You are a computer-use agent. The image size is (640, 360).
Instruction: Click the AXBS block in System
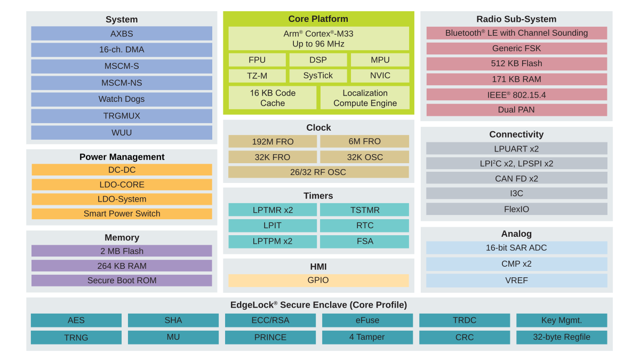pos(122,34)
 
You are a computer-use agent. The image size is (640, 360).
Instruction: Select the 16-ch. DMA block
pos(122,50)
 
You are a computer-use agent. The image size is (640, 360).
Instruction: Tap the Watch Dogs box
pos(122,99)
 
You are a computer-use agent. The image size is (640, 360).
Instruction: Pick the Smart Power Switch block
pos(122,213)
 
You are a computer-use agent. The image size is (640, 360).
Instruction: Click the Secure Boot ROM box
pos(122,280)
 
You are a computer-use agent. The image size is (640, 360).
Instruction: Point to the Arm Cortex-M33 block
pos(318,38)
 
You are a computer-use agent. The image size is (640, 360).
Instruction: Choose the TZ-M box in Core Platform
pos(257,75)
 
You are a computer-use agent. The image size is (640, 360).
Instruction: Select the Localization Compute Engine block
pos(365,98)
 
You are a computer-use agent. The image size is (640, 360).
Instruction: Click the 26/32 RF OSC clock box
pos(318,172)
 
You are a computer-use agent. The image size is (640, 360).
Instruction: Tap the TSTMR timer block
pos(364,210)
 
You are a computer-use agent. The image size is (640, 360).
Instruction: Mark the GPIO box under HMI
pos(318,280)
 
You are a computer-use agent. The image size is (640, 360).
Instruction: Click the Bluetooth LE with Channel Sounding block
pos(516,33)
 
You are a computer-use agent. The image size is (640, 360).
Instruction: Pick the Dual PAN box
pos(516,109)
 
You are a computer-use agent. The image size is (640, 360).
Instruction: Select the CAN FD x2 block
pos(516,178)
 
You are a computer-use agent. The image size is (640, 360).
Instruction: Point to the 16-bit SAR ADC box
pos(516,247)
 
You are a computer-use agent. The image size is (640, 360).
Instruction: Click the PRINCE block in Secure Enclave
pos(270,337)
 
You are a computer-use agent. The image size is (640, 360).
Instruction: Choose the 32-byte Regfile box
pos(562,337)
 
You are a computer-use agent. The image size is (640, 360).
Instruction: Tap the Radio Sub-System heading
pos(516,19)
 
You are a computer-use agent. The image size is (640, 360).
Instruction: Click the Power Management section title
pos(122,157)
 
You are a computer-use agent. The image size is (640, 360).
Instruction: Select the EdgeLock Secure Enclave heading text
pos(318,305)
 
